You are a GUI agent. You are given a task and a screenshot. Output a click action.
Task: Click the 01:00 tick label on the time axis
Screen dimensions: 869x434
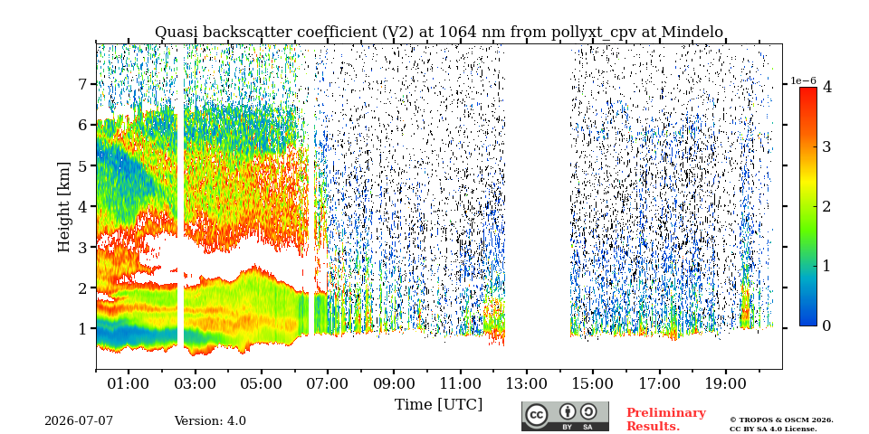129,383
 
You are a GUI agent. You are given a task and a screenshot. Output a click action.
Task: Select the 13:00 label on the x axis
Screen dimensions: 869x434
526,383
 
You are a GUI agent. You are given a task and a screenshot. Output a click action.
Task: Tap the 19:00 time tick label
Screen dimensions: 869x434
725,383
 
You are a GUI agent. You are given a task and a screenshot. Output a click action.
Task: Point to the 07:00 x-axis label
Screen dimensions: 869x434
327,383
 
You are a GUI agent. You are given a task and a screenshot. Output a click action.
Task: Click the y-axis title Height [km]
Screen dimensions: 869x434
65,207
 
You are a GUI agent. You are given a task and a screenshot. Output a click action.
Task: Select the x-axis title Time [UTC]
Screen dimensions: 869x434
438,405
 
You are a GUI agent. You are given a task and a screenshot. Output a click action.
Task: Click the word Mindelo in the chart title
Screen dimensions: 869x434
692,33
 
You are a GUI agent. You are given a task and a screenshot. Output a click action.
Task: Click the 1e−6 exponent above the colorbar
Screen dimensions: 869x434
803,80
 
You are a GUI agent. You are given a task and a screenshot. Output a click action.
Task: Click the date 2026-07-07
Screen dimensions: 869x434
79,421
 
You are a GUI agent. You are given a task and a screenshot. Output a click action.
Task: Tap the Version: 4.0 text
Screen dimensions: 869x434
210,421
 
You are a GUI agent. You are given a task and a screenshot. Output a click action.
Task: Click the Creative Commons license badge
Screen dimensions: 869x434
565,416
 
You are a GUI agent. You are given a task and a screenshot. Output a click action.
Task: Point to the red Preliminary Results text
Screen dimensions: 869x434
666,419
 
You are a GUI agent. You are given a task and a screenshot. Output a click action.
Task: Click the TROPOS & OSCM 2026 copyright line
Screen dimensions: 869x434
781,420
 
